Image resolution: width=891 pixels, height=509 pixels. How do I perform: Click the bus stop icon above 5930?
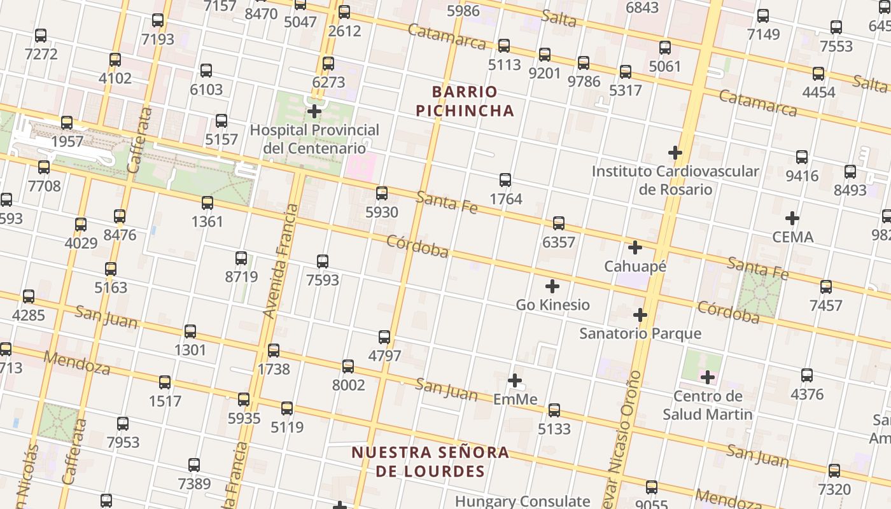(382, 193)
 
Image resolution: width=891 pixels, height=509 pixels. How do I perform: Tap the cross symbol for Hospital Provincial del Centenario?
(314, 112)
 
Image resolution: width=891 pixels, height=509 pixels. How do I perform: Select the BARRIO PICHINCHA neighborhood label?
(465, 101)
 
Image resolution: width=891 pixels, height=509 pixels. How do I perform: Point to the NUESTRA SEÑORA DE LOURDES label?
(430, 462)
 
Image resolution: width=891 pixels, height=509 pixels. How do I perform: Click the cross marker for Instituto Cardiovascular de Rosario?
(675, 153)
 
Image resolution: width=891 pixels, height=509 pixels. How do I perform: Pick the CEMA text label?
(792, 237)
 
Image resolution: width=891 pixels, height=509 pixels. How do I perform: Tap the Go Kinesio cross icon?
(552, 286)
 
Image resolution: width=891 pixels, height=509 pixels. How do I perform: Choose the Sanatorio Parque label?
(640, 333)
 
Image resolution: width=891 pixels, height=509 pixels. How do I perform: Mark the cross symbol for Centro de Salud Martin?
(708, 378)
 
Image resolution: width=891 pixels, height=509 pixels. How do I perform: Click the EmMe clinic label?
(516, 400)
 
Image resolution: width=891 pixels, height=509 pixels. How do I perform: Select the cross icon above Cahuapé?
(635, 248)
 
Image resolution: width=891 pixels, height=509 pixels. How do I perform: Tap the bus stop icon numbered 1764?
(505, 180)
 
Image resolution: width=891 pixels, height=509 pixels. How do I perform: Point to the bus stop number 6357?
(559, 242)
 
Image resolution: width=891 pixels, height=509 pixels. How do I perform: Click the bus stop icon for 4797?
(384, 337)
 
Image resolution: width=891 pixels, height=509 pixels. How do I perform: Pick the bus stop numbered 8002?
(348, 385)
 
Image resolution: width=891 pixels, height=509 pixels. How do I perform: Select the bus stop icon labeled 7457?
(826, 287)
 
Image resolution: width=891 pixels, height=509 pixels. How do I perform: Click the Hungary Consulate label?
(523, 501)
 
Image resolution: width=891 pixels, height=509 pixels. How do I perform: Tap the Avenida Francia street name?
(281, 261)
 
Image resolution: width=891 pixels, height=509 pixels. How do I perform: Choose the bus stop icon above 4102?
(115, 60)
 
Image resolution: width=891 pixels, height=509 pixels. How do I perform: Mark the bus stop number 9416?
(802, 176)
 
